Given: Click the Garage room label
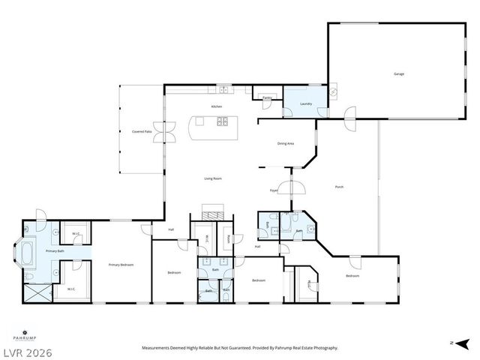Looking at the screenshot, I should coord(399,73).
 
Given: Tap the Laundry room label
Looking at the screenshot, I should coord(306,103).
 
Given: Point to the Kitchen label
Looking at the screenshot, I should coord(217,106).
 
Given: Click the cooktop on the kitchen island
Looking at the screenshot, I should coord(222,121).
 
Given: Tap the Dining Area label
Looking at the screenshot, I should coord(286,143).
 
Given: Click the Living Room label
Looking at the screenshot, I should coord(213,178).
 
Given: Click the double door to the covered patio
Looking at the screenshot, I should coord(163,132).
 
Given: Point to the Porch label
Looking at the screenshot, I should coord(339,187).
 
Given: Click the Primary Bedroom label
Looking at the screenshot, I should coord(121,265).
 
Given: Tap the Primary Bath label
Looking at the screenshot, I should coord(54,250).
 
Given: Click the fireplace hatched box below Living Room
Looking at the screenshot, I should coord(213,212).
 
